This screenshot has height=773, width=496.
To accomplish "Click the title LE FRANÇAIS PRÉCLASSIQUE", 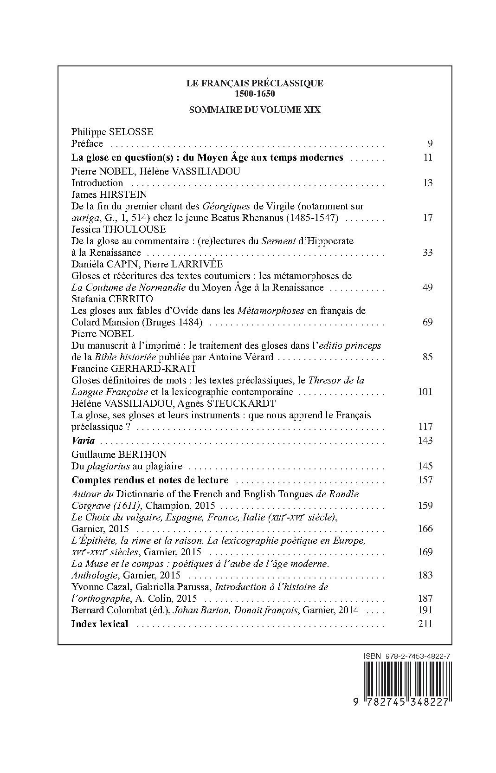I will click(255, 84).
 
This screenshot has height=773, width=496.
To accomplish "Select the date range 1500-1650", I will click(255, 93).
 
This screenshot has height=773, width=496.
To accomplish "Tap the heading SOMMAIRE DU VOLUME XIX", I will click(255, 110).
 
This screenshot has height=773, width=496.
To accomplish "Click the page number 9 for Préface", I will click(430, 143).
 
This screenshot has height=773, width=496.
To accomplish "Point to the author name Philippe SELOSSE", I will click(112, 132).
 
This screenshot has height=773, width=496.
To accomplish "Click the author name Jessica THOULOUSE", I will click(118, 229).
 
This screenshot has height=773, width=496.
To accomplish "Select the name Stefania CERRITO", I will click(112, 299).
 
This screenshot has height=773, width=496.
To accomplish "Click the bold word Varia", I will click(83, 441).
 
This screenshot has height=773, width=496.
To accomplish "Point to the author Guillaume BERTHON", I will click(119, 455).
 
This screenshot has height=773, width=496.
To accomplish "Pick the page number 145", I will click(425, 466).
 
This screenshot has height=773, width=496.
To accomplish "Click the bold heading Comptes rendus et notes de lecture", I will click(149, 480).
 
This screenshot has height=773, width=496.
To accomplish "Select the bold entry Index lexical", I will click(99, 624).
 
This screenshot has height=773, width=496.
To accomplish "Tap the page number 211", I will click(425, 624).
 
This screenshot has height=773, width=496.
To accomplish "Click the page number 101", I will click(425, 392).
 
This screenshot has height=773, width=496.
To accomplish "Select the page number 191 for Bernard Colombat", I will click(425, 610).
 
